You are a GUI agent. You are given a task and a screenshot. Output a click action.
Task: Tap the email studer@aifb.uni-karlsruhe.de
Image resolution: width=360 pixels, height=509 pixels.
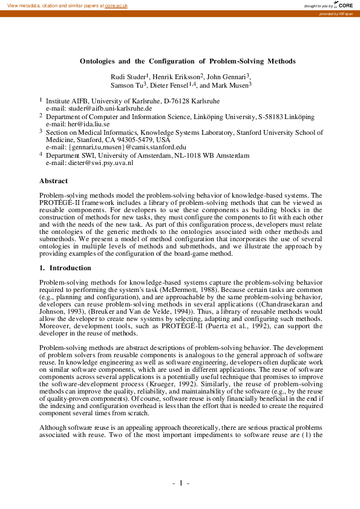pos(100,107)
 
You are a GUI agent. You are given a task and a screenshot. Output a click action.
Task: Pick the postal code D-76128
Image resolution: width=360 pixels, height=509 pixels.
pos(176,100)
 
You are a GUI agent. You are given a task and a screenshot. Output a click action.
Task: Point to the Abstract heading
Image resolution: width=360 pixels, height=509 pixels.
pos(53,181)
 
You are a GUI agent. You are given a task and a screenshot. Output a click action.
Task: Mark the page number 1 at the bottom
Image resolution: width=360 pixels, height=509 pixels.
pos(181,484)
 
